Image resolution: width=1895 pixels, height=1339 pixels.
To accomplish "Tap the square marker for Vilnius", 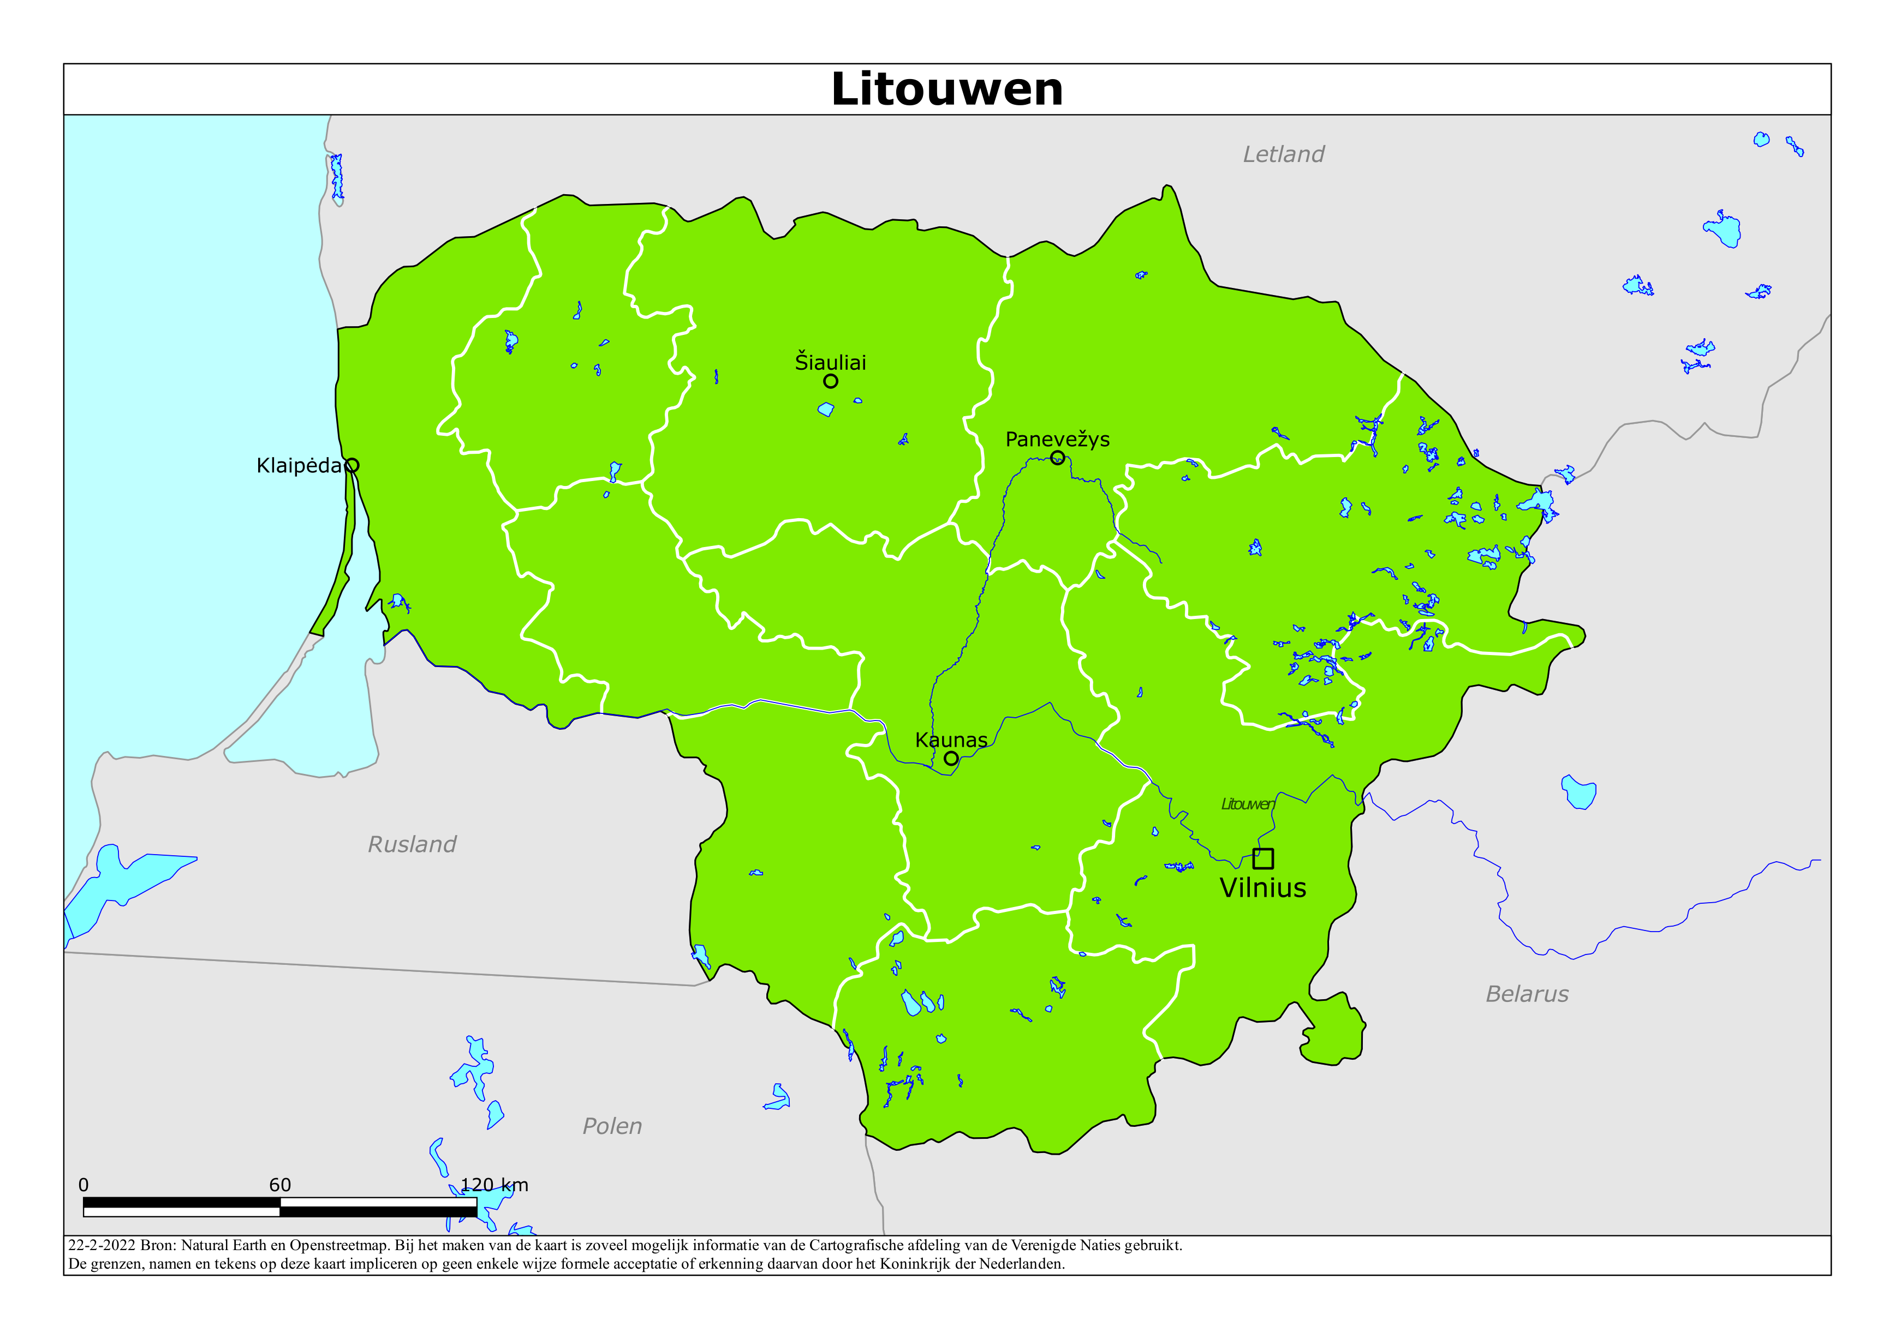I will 1263,859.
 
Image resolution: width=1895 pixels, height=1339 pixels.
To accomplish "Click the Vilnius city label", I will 1263,888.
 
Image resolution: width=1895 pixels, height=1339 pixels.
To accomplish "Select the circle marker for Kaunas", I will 951,758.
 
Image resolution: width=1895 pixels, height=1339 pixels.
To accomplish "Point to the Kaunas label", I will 951,740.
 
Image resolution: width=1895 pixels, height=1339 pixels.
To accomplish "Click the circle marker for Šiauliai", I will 830,381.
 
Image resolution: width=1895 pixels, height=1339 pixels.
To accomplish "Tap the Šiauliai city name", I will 830,362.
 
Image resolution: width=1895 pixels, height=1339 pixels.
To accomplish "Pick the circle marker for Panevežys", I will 1057,458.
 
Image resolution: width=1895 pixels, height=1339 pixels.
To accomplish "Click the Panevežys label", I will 1057,440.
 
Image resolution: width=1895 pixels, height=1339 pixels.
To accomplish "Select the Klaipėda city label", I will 299,466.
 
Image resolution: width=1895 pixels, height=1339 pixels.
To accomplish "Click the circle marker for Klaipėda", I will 351,465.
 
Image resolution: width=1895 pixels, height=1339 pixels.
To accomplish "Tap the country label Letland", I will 1283,154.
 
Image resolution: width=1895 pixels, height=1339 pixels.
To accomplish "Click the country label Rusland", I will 412,844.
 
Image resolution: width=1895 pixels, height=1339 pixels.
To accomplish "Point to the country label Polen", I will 612,1126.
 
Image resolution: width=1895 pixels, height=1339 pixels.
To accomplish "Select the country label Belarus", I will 1527,994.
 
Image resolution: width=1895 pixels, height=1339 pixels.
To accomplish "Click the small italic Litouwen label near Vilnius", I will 1248,804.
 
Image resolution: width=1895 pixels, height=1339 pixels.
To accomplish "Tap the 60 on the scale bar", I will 280,1185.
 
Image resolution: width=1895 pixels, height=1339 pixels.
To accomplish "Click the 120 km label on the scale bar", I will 494,1185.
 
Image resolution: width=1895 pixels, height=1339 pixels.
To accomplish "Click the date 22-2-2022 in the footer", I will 100,1246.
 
